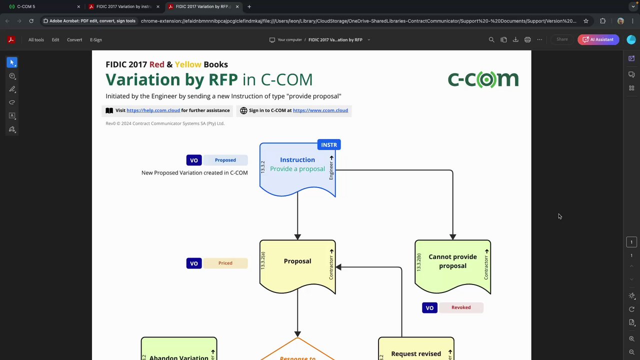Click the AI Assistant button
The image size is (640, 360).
tap(598, 39)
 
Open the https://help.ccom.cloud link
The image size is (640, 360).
tap(153, 110)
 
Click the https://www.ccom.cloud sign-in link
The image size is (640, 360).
tap(320, 110)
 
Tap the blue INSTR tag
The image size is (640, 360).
tap(328, 145)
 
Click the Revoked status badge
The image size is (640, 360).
tap(460, 307)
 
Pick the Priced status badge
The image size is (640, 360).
tap(225, 263)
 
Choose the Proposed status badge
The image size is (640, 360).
tap(225, 160)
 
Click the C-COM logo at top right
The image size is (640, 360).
tap(482, 79)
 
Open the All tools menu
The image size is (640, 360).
tap(36, 39)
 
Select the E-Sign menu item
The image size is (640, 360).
tap(96, 39)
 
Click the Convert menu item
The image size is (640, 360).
tap(74, 39)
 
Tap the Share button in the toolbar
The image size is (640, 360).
tap(562, 39)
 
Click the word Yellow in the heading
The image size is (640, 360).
tap(188, 64)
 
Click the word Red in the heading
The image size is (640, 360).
tap(156, 64)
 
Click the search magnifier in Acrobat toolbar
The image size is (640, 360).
tap(491, 39)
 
